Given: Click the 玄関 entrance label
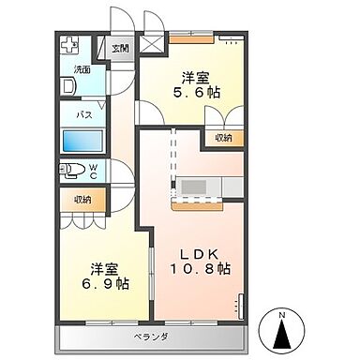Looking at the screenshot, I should [x=122, y=49].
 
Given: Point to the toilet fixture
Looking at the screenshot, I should [x=72, y=171].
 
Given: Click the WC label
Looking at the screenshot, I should [x=93, y=171].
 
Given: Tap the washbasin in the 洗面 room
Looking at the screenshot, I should [x=67, y=85].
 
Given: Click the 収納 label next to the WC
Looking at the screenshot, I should [x=82, y=200].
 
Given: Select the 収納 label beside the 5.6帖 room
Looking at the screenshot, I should [x=222, y=138].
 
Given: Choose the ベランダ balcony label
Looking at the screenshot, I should [x=150, y=336].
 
